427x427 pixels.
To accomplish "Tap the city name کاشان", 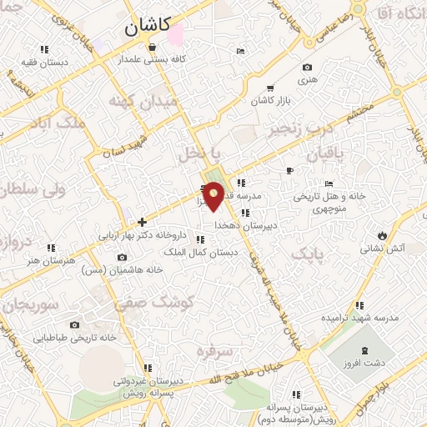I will coord(148,26).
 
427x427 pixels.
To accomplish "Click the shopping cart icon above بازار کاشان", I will coord(269,88).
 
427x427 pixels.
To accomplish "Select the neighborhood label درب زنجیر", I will coord(300,128).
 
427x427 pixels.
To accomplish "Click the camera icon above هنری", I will coord(307,68).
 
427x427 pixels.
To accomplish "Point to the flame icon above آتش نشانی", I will coord(382,234).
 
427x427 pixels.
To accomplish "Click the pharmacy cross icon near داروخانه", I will coord(143,222).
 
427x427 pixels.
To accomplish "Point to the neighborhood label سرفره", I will coord(213,351).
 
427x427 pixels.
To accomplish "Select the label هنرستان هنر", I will coord(51,260).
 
